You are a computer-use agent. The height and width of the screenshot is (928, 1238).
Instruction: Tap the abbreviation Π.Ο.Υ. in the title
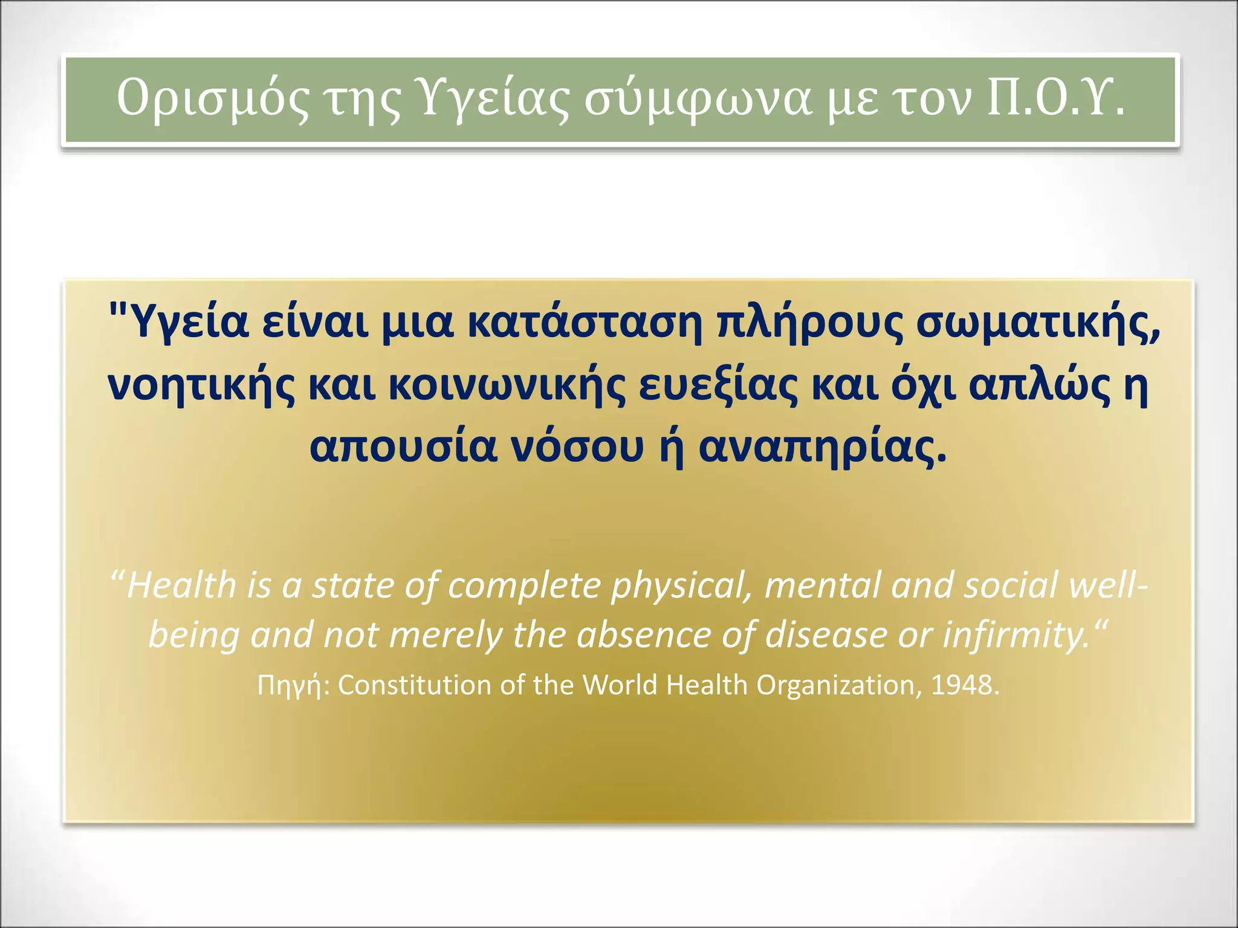click(x=1055, y=98)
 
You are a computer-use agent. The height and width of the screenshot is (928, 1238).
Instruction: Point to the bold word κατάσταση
click(x=585, y=323)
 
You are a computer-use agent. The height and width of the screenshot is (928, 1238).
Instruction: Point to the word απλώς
click(x=1040, y=387)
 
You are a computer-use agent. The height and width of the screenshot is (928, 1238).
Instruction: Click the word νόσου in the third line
click(x=578, y=448)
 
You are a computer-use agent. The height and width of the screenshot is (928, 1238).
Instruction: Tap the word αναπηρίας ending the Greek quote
click(x=822, y=449)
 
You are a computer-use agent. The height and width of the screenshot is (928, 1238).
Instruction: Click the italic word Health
click(x=181, y=585)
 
